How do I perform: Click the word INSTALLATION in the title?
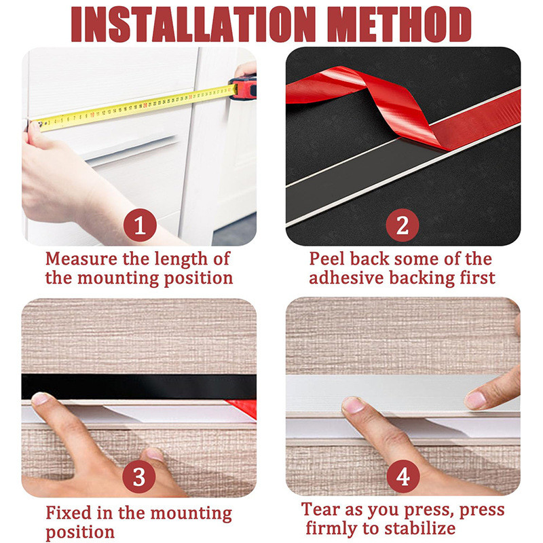coord(193,24)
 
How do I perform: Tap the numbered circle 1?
coord(140,225)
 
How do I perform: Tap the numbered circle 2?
coord(402,225)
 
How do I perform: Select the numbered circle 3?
coord(139,477)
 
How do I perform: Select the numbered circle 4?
coord(403,477)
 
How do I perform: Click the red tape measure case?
coord(243,88)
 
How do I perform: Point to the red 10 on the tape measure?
coord(92,115)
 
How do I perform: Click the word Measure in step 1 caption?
coord(81,259)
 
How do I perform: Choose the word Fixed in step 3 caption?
coord(69,512)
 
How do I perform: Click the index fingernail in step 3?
coord(40,398)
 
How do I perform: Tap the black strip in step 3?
coord(139,386)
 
